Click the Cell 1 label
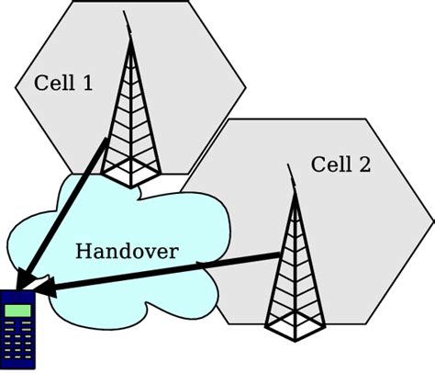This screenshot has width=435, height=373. (63, 84)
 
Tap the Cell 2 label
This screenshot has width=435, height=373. (340, 165)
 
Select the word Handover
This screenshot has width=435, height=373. (127, 251)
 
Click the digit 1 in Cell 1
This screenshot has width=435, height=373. (86, 84)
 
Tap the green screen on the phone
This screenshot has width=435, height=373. (17, 312)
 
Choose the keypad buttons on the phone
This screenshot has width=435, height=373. (17, 344)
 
